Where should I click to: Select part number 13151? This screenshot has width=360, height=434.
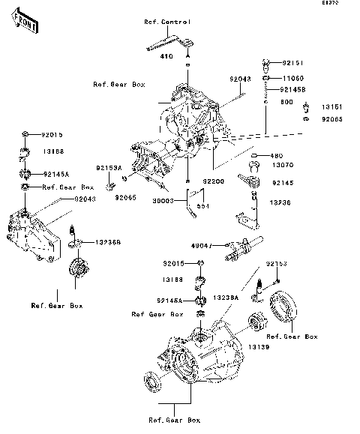click(332, 106)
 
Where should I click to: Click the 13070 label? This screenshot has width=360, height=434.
click(283, 165)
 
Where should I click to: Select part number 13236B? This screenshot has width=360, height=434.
click(108, 243)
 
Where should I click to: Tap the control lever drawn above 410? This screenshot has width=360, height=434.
click(169, 45)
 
